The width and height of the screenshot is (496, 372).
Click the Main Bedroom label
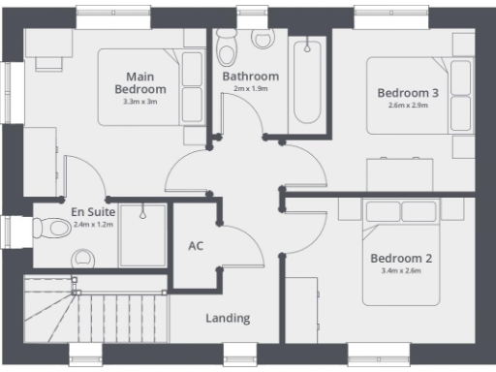pyautogui.click(x=146, y=82)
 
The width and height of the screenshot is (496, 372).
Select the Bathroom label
pyautogui.click(x=250, y=77)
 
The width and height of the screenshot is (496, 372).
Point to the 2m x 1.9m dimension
pyautogui.click(x=250, y=89)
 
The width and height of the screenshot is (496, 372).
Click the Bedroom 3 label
pyautogui.click(x=408, y=93)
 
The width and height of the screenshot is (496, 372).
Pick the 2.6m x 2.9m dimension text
pyautogui.click(x=408, y=106)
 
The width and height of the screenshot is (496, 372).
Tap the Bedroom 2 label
pyautogui.click(x=400, y=259)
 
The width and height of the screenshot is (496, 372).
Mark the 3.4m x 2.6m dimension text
pyautogui.click(x=400, y=271)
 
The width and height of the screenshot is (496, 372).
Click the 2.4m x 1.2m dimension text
pyautogui.click(x=93, y=224)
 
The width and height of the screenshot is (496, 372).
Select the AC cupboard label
pyautogui.click(x=196, y=246)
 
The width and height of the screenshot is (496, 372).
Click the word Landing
pyautogui.click(x=228, y=318)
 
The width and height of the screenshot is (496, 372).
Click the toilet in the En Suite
pyautogui.click(x=52, y=229)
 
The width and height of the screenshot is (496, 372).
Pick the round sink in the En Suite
pyautogui.click(x=83, y=258)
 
